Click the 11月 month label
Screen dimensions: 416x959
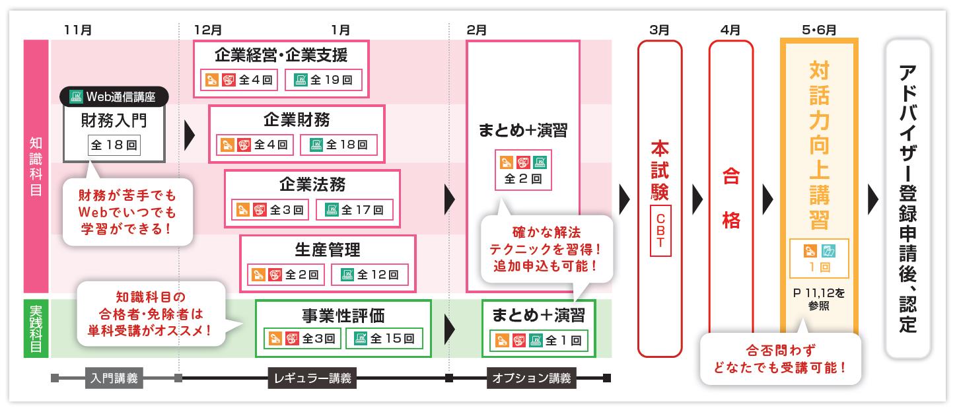click(x=78, y=30)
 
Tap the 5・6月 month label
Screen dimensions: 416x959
click(x=819, y=30)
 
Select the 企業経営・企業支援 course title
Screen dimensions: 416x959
click(x=281, y=54)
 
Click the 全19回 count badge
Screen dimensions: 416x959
click(x=323, y=80)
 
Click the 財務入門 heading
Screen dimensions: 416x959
click(x=114, y=121)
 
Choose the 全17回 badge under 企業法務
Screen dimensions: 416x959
click(x=354, y=210)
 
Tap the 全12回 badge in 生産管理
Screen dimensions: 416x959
click(x=370, y=275)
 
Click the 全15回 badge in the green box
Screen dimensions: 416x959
click(x=385, y=339)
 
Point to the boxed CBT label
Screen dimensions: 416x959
click(x=660, y=230)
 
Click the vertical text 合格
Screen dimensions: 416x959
click(x=731, y=198)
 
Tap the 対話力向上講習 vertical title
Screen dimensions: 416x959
click(x=818, y=145)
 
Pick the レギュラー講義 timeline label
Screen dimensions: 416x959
click(x=312, y=379)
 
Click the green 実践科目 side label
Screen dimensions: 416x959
click(x=36, y=328)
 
